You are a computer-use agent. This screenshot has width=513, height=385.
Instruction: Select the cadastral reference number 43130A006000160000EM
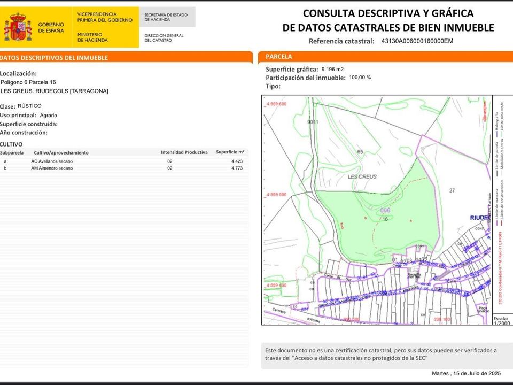(x=417, y=41)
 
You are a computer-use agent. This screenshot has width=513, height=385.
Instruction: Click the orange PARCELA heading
(x=279, y=56)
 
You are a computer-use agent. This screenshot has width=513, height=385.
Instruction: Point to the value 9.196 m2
(x=332, y=69)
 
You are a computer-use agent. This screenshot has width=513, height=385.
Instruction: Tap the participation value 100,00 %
(x=360, y=78)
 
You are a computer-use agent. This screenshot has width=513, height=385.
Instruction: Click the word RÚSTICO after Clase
(x=29, y=106)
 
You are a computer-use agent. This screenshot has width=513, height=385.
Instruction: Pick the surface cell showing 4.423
(x=237, y=161)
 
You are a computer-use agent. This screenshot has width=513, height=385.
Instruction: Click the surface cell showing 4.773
(x=237, y=168)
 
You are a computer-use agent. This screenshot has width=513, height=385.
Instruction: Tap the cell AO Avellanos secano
(x=52, y=161)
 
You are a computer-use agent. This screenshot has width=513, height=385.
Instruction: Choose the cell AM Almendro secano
(x=52, y=168)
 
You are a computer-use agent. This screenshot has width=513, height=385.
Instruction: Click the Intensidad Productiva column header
(x=184, y=152)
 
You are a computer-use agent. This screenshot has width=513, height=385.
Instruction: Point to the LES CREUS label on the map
(x=362, y=176)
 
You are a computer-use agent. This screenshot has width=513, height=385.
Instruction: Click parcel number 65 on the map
(x=360, y=152)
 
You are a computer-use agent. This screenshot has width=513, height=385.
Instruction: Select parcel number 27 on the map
(x=452, y=191)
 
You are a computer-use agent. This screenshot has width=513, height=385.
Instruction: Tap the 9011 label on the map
(x=313, y=122)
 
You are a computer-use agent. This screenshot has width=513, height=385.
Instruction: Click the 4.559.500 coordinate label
(x=276, y=195)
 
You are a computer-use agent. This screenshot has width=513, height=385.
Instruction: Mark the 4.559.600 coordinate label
(x=276, y=104)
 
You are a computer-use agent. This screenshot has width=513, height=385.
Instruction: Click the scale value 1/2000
(x=502, y=323)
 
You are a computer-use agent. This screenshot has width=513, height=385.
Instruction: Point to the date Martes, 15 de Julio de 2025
(x=466, y=373)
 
